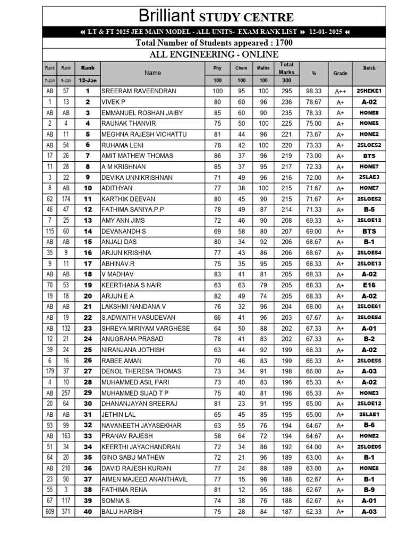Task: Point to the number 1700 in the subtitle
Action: [x=279, y=43]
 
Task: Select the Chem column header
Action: [x=241, y=68]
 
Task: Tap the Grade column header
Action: [x=340, y=73]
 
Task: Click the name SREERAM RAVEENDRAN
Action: [x=139, y=91]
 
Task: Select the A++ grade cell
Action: [x=340, y=91]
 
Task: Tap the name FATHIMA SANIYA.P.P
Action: [x=133, y=209]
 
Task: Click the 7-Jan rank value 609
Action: [x=49, y=512]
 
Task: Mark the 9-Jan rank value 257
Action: [x=66, y=393]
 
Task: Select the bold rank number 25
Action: [x=88, y=350]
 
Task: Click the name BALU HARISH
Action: [x=122, y=512]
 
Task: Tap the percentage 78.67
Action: [x=313, y=102]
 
